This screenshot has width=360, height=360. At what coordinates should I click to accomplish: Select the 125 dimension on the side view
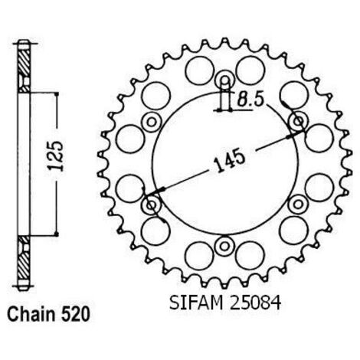coord(55,155)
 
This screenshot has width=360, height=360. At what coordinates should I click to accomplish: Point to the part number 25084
coord(256,303)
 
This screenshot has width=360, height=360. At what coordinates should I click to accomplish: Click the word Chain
coord(31,314)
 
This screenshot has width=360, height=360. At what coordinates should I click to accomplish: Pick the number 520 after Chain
coord(76,314)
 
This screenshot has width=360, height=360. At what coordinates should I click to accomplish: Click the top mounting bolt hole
coord(224,80)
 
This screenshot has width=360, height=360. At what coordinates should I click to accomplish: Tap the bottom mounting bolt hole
coord(224,247)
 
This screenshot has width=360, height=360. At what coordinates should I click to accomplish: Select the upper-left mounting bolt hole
coord(152,122)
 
